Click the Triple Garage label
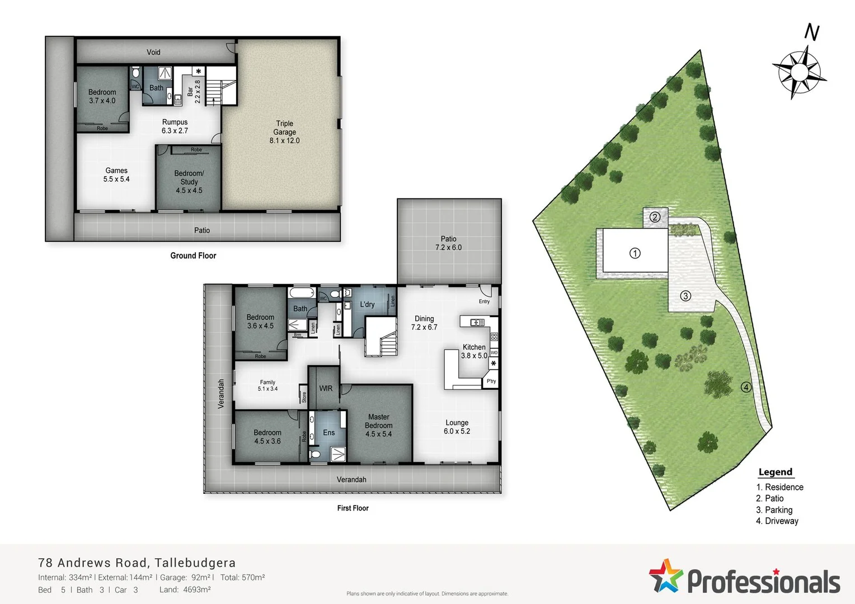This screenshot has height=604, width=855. [284, 132]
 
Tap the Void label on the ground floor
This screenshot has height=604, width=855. [153, 52]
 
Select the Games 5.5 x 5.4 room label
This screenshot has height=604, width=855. [116, 174]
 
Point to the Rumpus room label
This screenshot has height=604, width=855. [175, 126]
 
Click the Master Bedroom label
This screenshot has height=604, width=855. [379, 425]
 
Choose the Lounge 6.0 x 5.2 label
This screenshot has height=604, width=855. [457, 427]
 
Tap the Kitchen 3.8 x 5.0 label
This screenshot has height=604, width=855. [474, 351]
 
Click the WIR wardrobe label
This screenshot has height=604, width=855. [326, 388]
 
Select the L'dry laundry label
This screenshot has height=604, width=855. [367, 304]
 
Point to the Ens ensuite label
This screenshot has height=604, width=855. [328, 432]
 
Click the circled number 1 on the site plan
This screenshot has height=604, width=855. [635, 253]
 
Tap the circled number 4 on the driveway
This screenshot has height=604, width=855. [746, 387]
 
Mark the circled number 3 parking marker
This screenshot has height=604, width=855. [685, 296]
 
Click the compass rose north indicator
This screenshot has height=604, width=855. [800, 72]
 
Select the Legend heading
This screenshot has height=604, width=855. [775, 472]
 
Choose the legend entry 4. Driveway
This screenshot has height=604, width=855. [777, 521]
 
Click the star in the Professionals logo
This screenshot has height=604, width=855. [666, 575]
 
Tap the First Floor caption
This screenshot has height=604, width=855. [353, 508]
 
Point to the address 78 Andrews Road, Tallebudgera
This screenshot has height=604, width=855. [137, 563]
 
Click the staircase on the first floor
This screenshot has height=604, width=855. [381, 337]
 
